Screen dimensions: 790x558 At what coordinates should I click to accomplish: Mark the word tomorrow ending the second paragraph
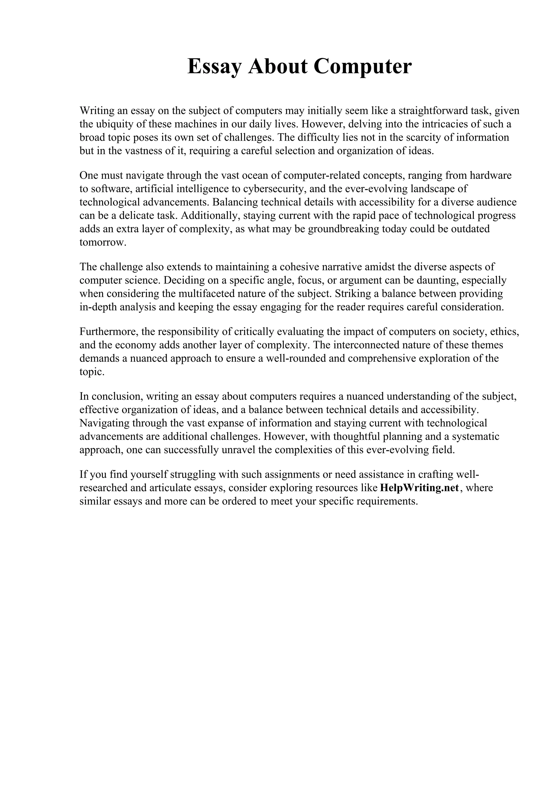102,242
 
